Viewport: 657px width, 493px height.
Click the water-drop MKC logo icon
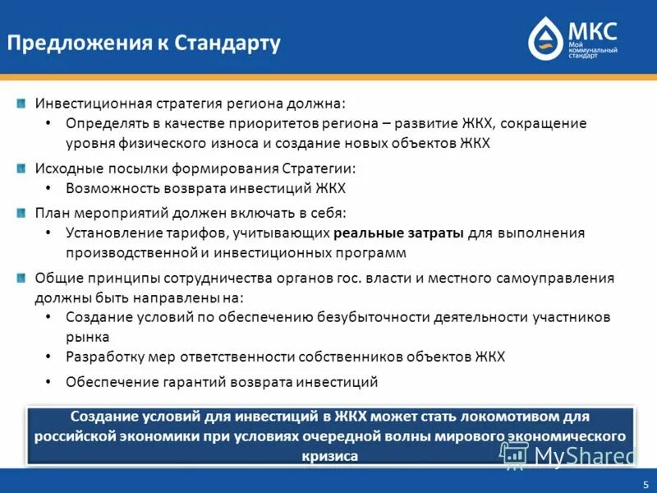pos(544,39)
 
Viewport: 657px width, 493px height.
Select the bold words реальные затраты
pos(399,233)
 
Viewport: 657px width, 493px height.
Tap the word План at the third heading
pos(49,213)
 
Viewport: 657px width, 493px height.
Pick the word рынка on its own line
pos(88,337)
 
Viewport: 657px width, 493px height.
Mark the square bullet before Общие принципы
pos(21,278)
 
